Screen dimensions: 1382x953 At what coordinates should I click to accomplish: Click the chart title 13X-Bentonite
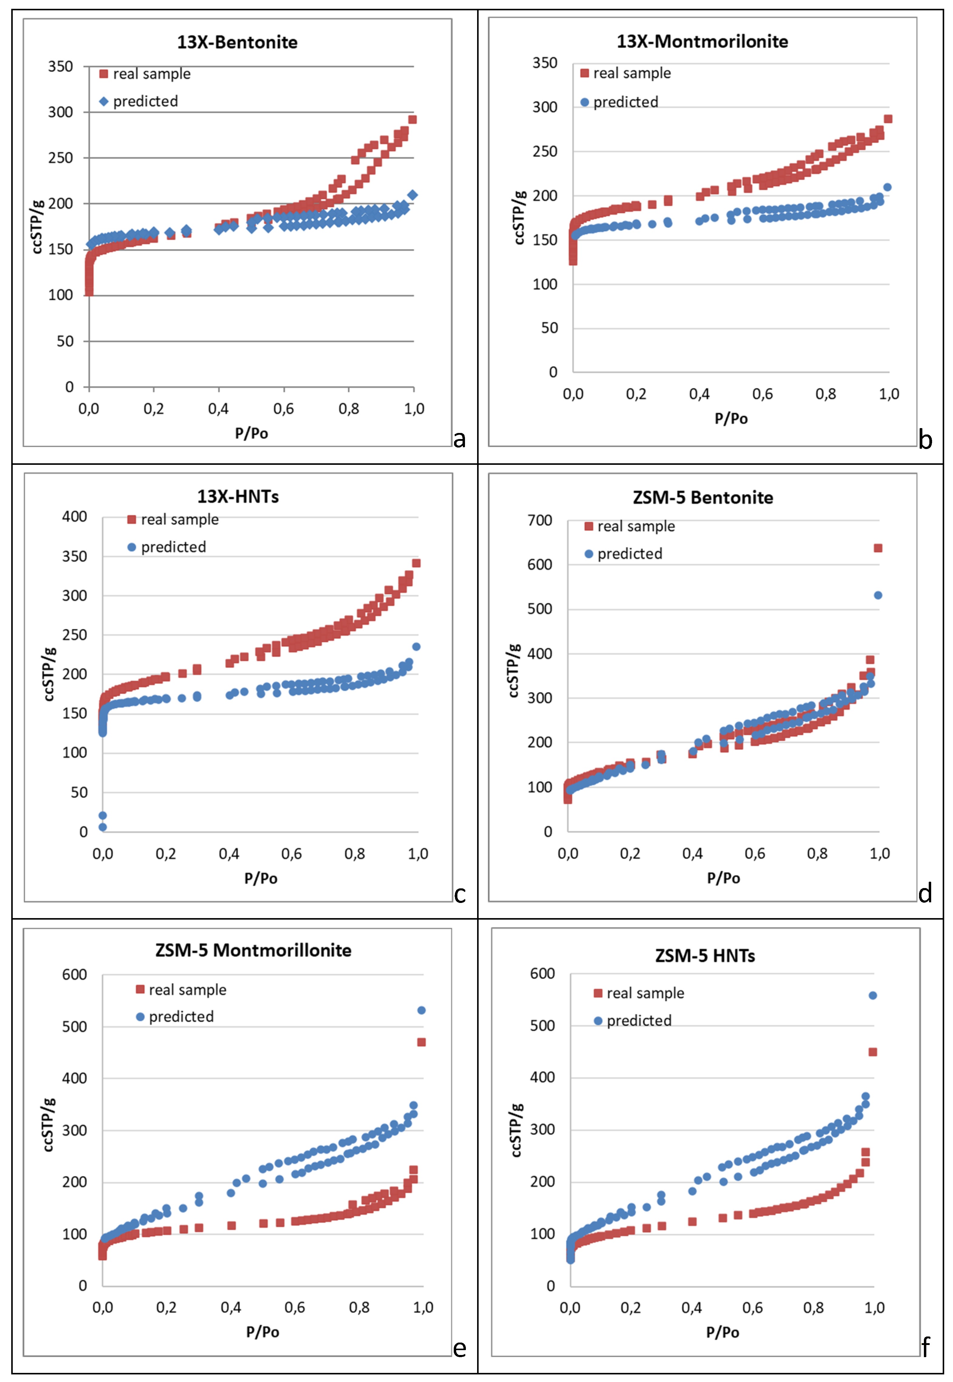coord(237,42)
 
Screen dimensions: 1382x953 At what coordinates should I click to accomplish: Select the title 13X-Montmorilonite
coord(702,41)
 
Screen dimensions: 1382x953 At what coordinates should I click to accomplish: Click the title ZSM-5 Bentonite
coord(703,498)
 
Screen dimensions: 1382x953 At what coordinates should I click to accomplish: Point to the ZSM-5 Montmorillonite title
coord(253,950)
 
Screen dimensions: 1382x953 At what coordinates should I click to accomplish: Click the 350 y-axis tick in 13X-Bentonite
coord(60,66)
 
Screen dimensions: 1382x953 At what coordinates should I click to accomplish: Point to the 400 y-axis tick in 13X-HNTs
coord(75,517)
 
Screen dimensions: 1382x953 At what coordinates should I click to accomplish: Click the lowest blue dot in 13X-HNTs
coord(103,827)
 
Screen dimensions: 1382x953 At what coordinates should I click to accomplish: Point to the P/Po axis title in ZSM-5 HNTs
coord(722,1332)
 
